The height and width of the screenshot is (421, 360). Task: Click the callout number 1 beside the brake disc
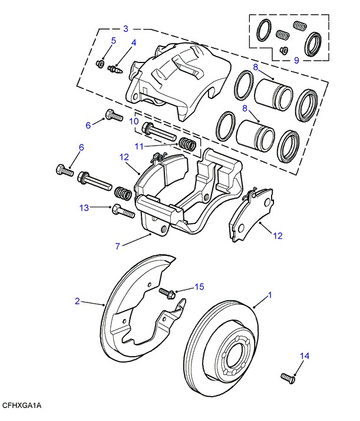[270, 295]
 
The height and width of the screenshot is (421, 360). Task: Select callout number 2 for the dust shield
[77, 301]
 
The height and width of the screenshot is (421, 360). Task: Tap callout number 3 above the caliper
[125, 28]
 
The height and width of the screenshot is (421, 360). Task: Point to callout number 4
[134, 43]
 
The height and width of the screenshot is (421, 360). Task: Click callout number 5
[113, 41]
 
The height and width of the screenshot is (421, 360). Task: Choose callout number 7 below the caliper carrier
[118, 245]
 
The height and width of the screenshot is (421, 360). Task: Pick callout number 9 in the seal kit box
[296, 60]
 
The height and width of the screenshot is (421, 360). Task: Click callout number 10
[134, 121]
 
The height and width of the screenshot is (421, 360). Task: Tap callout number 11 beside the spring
[139, 146]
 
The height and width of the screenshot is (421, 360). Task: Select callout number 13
[85, 208]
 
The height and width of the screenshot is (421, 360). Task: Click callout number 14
[304, 356]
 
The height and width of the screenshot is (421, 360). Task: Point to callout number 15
[199, 287]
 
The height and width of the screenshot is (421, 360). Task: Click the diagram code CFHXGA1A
[22, 406]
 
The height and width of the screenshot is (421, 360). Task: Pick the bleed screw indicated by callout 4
[115, 70]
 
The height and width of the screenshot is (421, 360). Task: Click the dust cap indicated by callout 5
[100, 63]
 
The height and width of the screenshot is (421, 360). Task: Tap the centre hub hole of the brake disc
[234, 357]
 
